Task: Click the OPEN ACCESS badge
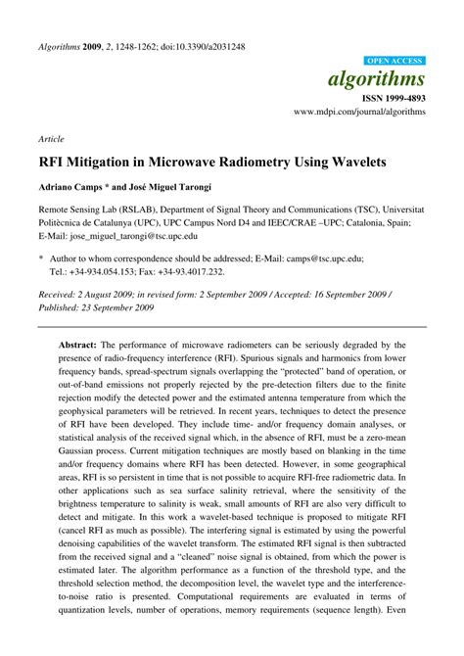pyautogui.click(x=394, y=60)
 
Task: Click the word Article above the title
pyautogui.click(x=52, y=140)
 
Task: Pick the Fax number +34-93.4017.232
pyautogui.click(x=188, y=271)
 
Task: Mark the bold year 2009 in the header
pyautogui.click(x=94, y=46)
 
